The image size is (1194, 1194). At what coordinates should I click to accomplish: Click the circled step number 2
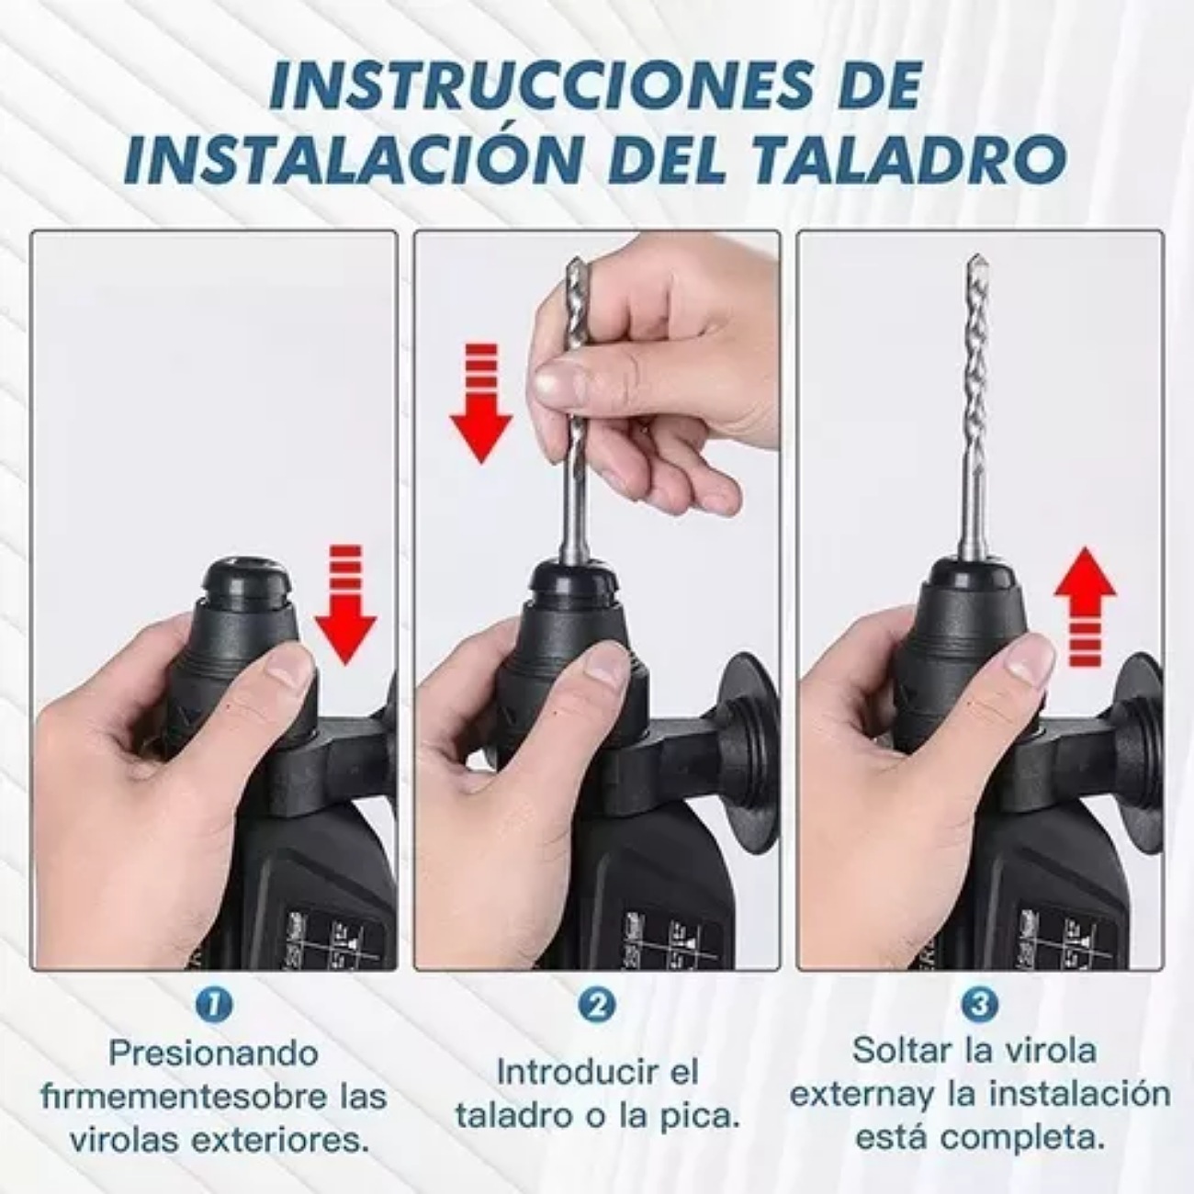[597, 1005]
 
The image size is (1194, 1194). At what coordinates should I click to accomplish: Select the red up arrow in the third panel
[1085, 606]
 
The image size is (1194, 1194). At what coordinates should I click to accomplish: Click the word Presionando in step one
[213, 1053]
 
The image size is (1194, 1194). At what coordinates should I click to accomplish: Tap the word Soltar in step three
[901, 1050]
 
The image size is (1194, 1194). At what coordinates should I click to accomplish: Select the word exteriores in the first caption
[280, 1141]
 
